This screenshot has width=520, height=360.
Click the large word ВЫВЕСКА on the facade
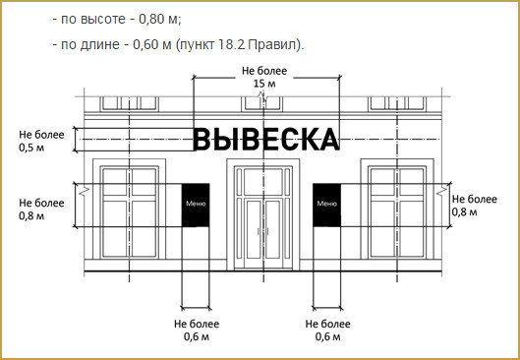(x=266, y=140)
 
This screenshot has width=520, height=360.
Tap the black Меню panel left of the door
(x=196, y=205)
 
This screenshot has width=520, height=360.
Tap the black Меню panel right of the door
(x=326, y=205)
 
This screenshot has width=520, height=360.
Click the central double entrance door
(x=263, y=233)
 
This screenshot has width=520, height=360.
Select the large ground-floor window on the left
(x=129, y=212)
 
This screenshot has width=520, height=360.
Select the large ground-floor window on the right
(x=397, y=212)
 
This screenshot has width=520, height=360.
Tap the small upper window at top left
(x=129, y=103)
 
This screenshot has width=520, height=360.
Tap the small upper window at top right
(x=397, y=103)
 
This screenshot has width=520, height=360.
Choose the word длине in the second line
(x=99, y=45)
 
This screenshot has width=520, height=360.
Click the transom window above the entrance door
(x=263, y=182)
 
